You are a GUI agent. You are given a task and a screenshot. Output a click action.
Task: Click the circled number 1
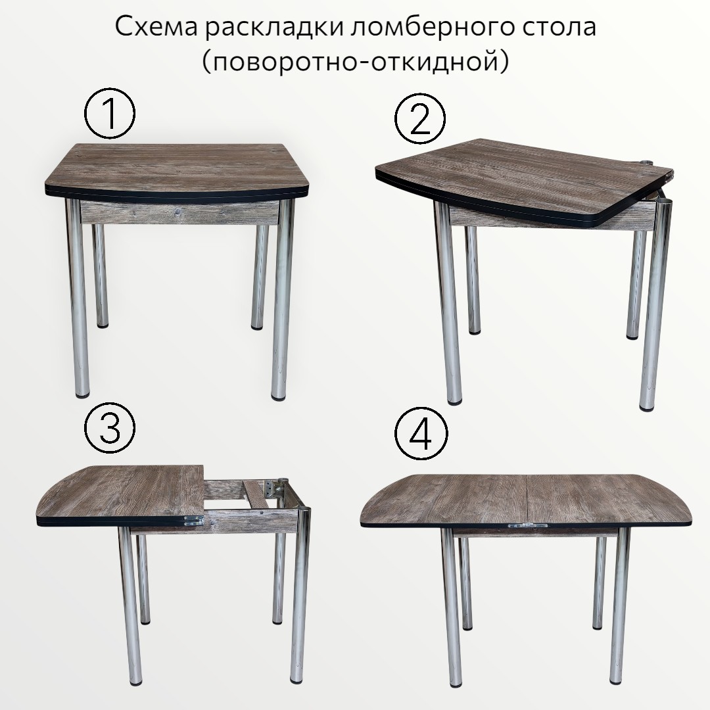pyautogui.click(x=110, y=113)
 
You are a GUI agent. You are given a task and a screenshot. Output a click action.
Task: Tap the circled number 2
pyautogui.click(x=419, y=118)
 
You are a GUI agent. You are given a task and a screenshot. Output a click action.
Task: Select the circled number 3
pyautogui.click(x=110, y=428)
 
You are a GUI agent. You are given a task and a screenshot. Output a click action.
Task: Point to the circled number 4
pyautogui.click(x=421, y=433)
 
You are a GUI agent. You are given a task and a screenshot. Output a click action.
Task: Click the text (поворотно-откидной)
pyautogui.click(x=356, y=61)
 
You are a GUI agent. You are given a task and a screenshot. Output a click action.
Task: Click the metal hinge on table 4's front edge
pyautogui.click(x=526, y=526)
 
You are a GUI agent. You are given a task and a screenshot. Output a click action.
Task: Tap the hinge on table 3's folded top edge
pyautogui.click(x=193, y=520)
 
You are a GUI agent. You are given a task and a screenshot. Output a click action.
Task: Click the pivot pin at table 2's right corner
pyautogui.click(x=647, y=162)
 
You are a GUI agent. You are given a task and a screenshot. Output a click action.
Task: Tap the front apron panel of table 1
pyautogui.click(x=179, y=213)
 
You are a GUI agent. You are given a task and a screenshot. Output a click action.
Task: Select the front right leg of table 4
pyautogui.click(x=620, y=612)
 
